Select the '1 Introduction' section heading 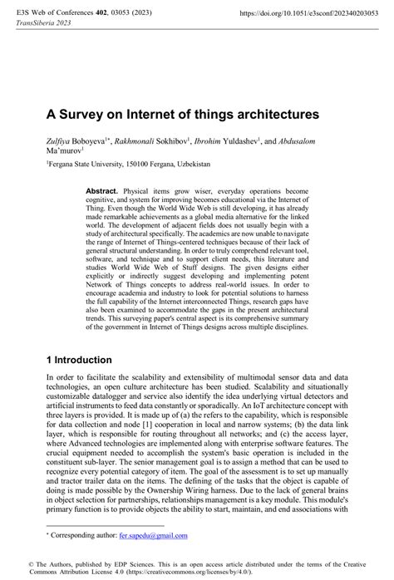86,360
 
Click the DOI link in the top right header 314,14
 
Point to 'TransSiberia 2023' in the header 41,24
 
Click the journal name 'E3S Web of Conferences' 49,14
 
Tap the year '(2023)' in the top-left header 145,14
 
